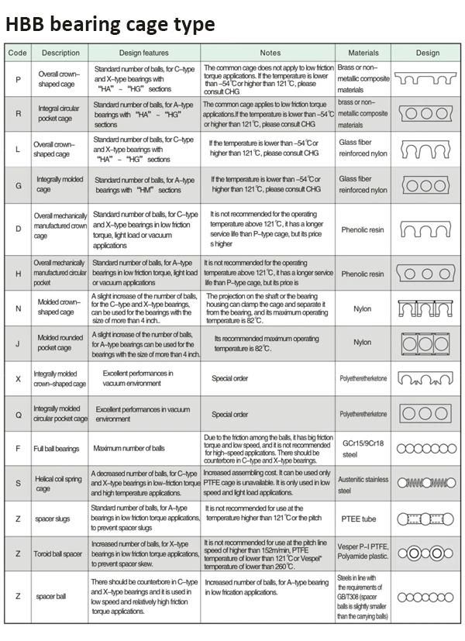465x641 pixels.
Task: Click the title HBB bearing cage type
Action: (110, 24)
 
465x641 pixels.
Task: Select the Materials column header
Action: (363, 53)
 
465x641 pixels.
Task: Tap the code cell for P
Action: (17, 78)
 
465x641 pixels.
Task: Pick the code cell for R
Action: (17, 113)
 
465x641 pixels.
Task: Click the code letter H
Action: (17, 274)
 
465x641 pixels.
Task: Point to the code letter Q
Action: (17, 414)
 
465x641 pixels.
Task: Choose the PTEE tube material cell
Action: (363, 519)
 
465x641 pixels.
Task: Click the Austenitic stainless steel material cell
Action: (363, 484)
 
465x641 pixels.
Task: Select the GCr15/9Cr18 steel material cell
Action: (363, 449)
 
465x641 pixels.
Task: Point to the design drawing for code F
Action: (427, 449)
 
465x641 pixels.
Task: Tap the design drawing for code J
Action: (427, 343)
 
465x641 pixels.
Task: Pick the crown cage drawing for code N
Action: (427, 308)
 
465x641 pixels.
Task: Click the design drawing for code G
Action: (427, 185)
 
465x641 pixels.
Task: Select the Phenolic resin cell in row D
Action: (363, 230)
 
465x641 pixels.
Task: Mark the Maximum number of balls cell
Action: (129, 449)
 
